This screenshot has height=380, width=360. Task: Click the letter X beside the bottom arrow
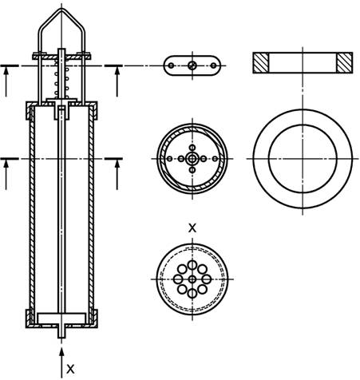point(70,369)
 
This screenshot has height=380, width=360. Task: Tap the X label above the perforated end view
point(192,228)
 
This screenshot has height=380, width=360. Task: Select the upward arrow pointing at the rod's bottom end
point(61,362)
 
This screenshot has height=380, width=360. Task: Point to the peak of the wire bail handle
point(61,10)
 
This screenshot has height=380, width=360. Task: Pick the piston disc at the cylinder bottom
point(61,319)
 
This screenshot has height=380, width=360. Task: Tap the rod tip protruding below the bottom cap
point(61,333)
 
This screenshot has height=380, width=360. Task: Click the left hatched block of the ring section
point(261,63)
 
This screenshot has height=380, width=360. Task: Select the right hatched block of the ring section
point(345,63)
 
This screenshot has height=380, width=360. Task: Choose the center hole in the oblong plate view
point(192,65)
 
